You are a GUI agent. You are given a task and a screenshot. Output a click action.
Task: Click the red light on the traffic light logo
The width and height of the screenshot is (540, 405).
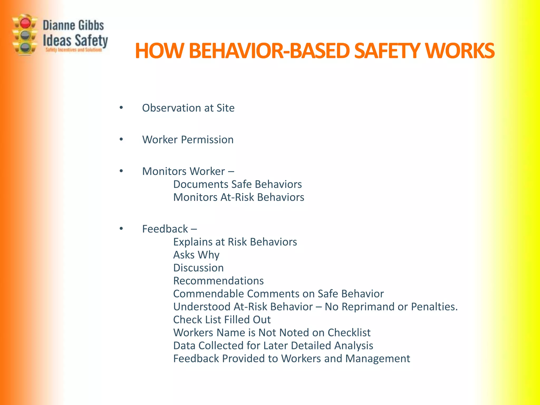coord(25,23)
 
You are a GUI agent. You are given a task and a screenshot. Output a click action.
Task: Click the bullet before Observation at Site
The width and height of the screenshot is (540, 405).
coord(121,107)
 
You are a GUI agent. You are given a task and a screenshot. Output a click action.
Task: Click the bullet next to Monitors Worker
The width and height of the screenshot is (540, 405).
coord(121,171)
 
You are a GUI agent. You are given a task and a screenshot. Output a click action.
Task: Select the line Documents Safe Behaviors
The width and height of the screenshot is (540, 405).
coord(237,184)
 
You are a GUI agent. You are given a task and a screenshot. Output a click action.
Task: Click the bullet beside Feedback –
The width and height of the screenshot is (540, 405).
coord(121,229)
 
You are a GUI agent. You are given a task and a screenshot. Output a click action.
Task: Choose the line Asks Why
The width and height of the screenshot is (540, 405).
coord(196,255)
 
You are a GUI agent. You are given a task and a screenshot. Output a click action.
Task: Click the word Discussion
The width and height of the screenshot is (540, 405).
coord(198,268)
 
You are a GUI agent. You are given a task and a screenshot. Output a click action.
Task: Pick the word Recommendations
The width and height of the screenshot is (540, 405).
coord(218,281)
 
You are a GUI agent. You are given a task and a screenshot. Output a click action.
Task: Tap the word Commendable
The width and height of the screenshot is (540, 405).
coord(208,294)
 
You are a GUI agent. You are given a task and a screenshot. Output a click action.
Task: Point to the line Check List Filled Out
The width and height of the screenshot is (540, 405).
coord(222,320)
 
